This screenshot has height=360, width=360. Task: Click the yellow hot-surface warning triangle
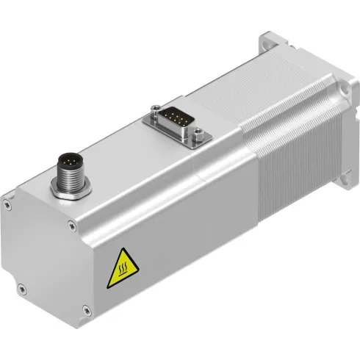tap(120, 270)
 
